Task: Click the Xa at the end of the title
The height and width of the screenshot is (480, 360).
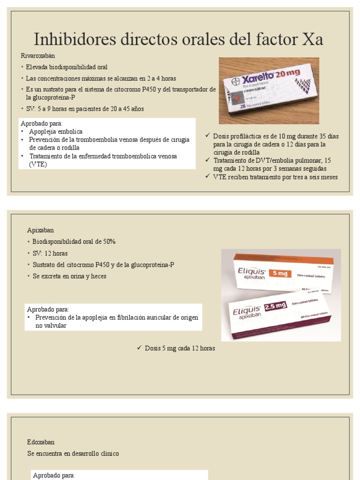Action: pyautogui.click(x=312, y=39)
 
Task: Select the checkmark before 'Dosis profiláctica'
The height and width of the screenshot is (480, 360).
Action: pyautogui.click(x=208, y=136)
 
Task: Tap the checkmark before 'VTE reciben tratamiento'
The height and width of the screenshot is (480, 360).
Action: pyautogui.click(x=208, y=177)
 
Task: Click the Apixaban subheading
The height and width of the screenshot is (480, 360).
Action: pyautogui.click(x=40, y=230)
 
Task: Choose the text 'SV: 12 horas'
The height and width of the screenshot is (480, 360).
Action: pyautogui.click(x=50, y=253)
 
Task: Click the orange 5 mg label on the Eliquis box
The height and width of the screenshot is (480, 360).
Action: pyautogui.click(x=280, y=273)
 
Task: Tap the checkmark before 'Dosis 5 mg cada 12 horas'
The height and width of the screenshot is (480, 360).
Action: pyautogui.click(x=139, y=348)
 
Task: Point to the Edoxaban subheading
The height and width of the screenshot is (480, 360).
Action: pyautogui.click(x=41, y=442)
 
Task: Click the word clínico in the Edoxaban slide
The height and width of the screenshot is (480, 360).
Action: pyautogui.click(x=108, y=453)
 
